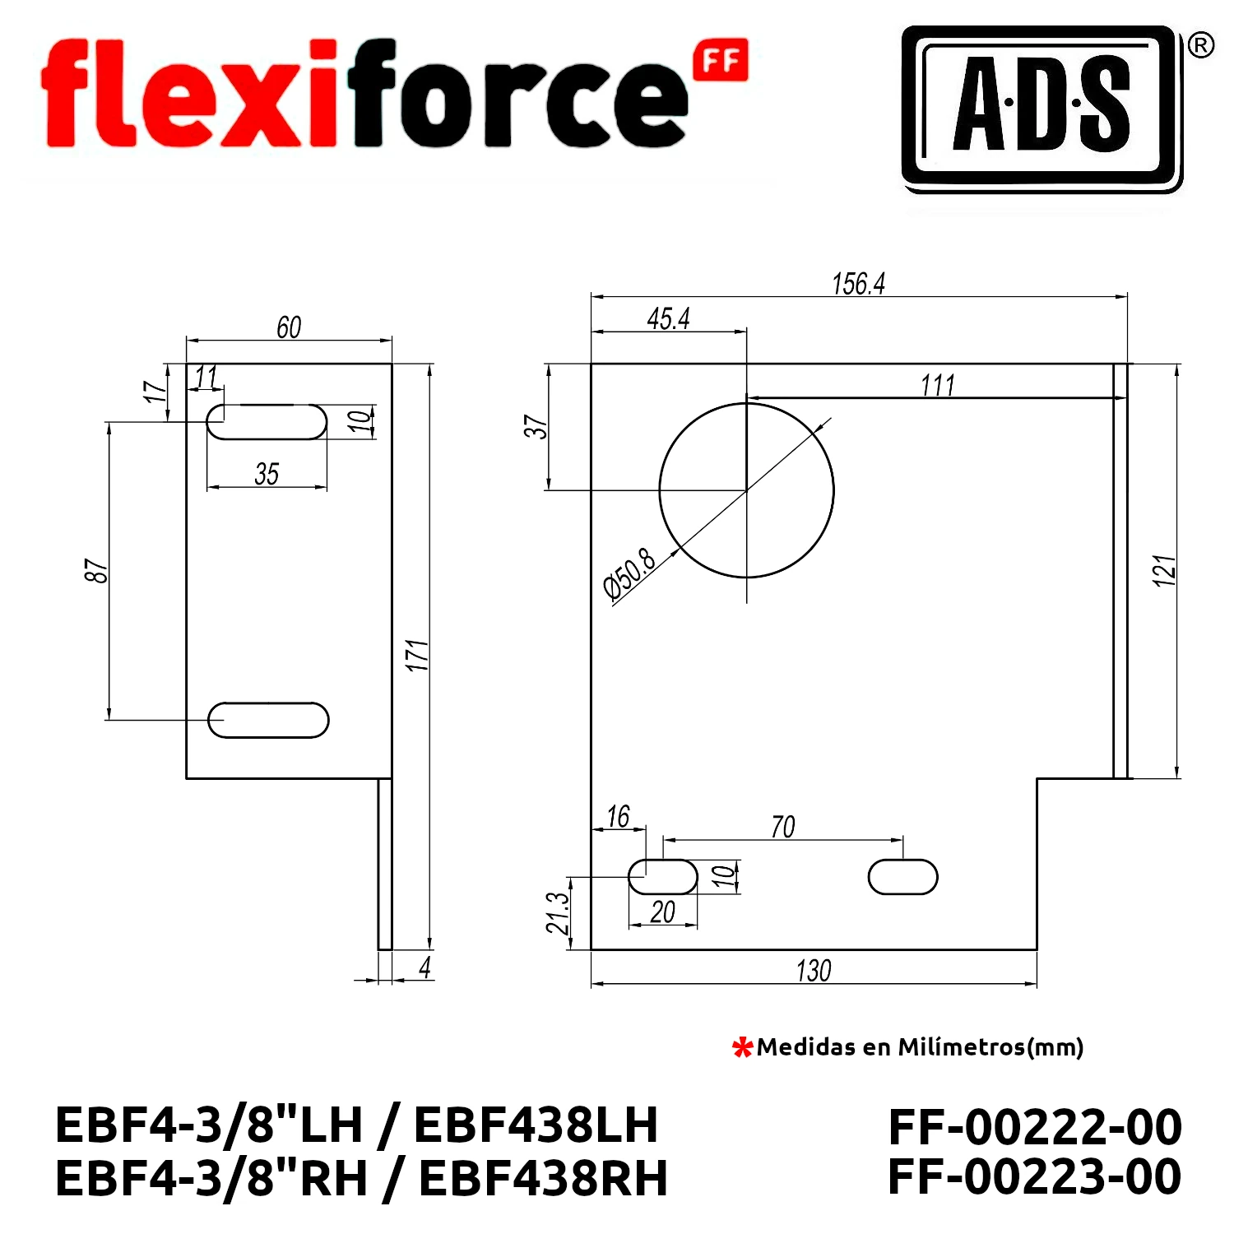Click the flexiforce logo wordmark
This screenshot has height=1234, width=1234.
395,93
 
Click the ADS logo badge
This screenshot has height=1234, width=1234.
1041,109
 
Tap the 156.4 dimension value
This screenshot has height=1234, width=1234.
858,284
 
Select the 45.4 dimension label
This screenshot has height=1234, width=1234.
668,318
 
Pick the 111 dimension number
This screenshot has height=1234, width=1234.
937,385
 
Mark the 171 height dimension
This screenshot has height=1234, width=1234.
418,655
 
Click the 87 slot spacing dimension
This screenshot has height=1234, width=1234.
96,570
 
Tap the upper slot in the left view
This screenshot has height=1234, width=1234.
267,422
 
